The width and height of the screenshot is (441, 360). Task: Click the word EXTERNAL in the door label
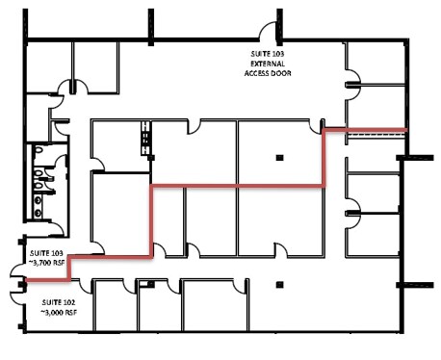268,64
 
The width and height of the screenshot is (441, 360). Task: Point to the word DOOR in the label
281,73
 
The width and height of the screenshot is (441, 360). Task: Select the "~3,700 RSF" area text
47,263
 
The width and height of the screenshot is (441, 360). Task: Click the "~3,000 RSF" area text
59,312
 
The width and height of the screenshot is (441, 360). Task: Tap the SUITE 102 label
59,302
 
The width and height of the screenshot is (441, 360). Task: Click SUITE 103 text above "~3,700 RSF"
46,253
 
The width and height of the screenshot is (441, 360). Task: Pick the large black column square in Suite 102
279,285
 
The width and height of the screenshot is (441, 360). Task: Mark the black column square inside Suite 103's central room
279,158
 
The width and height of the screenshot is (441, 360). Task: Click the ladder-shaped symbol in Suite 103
146,139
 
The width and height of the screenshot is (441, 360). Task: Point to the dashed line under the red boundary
375,136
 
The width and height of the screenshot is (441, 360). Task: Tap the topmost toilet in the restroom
39,150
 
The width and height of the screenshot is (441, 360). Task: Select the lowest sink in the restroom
39,212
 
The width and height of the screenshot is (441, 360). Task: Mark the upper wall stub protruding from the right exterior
415,158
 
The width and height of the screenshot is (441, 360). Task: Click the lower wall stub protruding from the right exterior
415,285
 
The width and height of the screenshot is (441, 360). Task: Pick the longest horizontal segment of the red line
238,186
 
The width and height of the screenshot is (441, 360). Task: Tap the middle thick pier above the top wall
151,27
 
